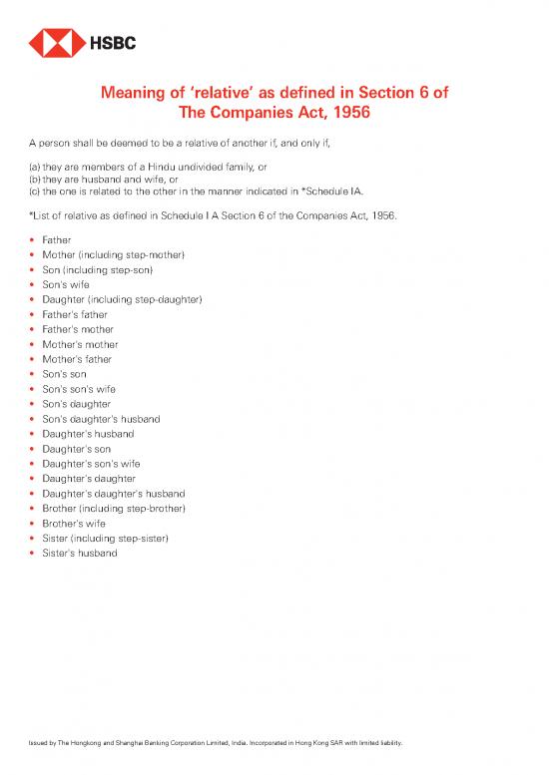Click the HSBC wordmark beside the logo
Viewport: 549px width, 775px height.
(x=114, y=44)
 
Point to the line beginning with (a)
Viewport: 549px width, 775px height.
(x=160, y=167)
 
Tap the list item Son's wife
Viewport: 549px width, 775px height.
(x=66, y=284)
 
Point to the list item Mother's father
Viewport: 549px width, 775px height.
(x=77, y=359)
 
